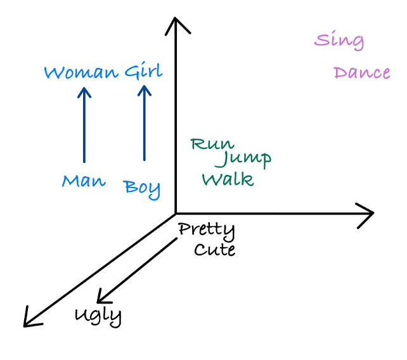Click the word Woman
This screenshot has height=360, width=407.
click(x=81, y=72)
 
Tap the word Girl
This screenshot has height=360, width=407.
click(x=143, y=72)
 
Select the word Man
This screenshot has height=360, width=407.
click(x=84, y=181)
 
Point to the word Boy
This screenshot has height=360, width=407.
click(x=142, y=188)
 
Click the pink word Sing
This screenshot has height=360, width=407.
click(x=339, y=41)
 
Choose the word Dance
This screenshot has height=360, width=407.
click(x=362, y=73)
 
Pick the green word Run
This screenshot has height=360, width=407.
click(x=212, y=145)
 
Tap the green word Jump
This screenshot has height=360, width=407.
click(x=243, y=158)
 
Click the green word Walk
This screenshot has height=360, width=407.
click(x=228, y=179)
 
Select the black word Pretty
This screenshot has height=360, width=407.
click(x=207, y=229)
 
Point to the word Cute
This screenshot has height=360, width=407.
click(x=214, y=250)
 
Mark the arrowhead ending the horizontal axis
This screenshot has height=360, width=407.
click(x=366, y=214)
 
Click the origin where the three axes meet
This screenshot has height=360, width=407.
click(x=174, y=214)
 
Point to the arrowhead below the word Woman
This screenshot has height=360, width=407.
click(x=84, y=93)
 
